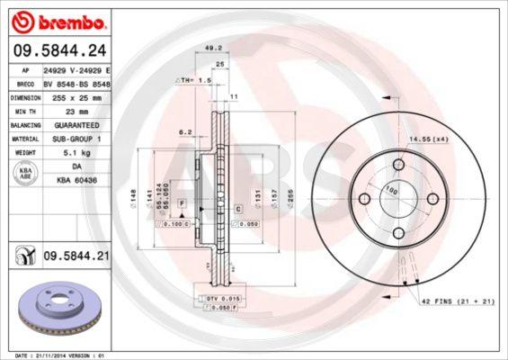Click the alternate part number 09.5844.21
click(76, 256)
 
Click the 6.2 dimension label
click(185, 131)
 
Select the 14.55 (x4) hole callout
click(429, 139)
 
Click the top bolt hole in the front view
click(397, 165)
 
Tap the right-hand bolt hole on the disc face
click(432, 199)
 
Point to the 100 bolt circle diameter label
click(392, 190)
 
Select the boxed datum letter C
click(238, 209)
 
